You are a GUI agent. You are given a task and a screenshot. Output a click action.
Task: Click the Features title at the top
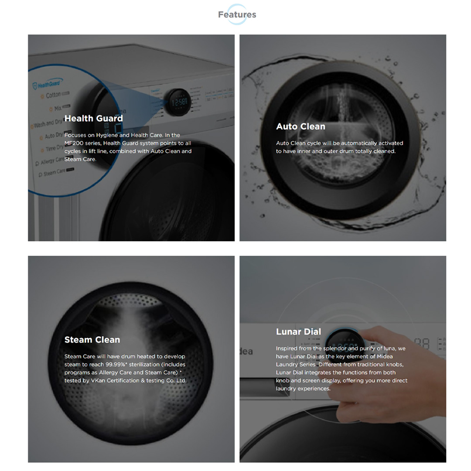[x=237, y=14]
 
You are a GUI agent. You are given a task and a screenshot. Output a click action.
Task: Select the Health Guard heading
[x=94, y=118]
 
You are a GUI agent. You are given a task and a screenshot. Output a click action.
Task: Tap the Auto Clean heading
[x=300, y=126]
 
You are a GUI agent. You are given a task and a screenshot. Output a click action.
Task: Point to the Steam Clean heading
[x=92, y=340]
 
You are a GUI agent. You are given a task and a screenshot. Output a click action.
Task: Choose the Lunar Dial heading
[x=299, y=331]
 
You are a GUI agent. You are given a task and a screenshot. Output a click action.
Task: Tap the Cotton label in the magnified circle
[x=54, y=95]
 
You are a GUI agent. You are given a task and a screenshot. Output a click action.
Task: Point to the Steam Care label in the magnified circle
[x=55, y=172]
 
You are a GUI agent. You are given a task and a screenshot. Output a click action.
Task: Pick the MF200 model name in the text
[x=74, y=143]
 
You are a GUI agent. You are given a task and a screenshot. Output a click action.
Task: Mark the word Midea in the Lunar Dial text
[x=385, y=357]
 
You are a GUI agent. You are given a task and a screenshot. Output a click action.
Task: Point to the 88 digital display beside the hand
[x=422, y=344]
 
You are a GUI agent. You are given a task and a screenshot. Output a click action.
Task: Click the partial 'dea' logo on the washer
[x=246, y=351]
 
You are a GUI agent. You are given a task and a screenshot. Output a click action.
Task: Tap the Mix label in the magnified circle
[x=58, y=108]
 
